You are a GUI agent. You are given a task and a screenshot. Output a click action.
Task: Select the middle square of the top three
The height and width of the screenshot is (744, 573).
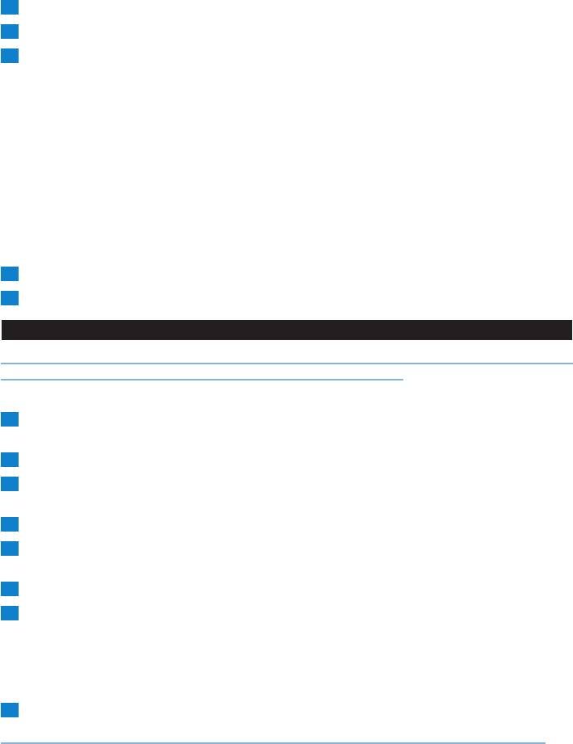pos(9,32)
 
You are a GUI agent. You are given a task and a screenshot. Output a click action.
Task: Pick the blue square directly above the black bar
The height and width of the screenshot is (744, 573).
pos(9,298)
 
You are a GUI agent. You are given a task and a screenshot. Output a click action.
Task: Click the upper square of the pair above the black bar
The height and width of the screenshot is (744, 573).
pos(9,275)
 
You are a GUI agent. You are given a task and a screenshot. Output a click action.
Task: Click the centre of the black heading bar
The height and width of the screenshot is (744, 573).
pos(286,330)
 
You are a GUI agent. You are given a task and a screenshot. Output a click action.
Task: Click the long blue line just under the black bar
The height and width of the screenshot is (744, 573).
pos(286,363)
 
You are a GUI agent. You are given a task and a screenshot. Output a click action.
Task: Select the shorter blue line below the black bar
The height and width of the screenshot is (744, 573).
pos(202,378)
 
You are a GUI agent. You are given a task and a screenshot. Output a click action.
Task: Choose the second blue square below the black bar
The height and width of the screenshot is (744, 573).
pos(9,460)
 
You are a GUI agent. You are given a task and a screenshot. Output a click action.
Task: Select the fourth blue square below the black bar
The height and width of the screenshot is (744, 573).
pos(9,524)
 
